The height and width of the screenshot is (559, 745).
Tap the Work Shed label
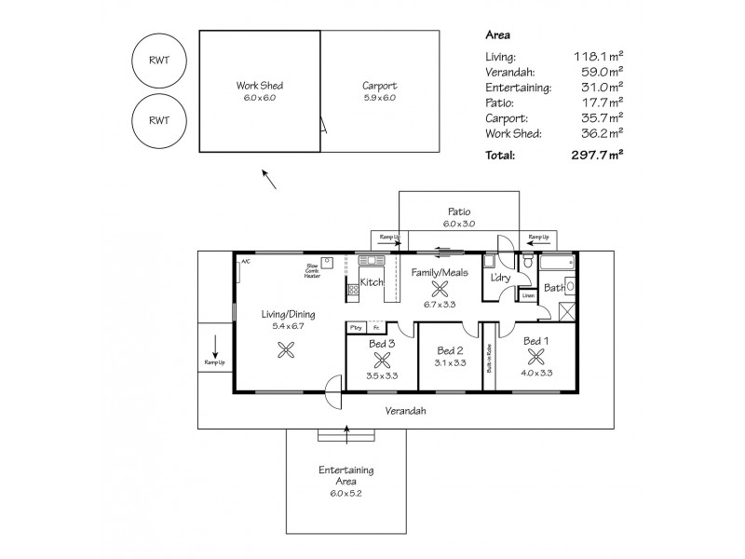(260, 86)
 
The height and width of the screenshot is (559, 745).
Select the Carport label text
(379, 86)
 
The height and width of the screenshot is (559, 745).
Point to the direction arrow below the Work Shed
(268, 178)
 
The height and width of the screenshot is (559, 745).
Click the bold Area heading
(497, 34)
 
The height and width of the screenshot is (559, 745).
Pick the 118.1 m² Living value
(599, 57)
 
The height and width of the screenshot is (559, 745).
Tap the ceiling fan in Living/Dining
(288, 350)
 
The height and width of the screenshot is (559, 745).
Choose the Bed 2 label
(451, 350)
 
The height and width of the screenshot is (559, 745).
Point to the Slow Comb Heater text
(312, 271)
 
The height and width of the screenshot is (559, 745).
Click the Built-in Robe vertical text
(489, 357)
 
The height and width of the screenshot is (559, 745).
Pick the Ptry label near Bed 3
(355, 328)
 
